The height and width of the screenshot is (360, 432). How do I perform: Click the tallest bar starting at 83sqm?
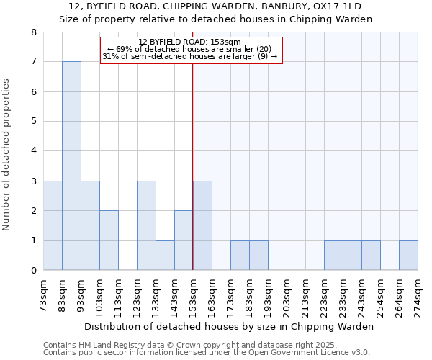71,166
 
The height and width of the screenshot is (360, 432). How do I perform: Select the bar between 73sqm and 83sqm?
53,225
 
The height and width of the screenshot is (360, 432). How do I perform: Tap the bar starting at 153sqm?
202,225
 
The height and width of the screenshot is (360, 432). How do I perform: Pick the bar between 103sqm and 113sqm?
109,240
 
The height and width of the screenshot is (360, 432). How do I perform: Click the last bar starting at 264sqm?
408,256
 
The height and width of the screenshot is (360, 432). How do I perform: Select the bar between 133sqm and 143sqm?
165,256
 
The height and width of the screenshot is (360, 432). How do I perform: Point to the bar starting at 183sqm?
258,256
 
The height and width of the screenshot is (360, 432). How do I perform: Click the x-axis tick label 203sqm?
287,296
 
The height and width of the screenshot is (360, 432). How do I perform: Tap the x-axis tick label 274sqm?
418,296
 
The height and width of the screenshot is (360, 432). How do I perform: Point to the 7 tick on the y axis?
33,62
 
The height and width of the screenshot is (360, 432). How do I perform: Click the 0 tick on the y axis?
33,271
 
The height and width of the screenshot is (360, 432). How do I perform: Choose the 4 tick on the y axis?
33,151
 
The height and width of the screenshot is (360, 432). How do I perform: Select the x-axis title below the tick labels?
229,326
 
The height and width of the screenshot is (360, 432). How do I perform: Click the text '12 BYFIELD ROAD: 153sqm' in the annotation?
190,42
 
